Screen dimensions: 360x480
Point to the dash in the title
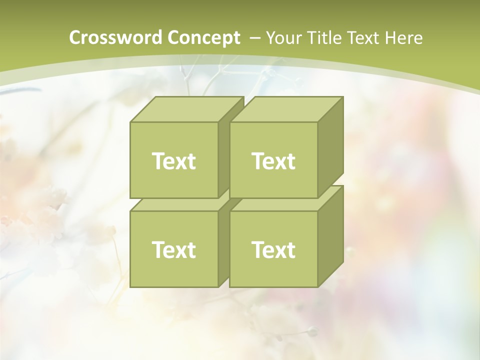(254, 38)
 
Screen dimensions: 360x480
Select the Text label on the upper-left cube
(173, 161)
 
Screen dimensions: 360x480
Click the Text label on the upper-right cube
(273, 161)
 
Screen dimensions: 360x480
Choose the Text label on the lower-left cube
(173, 249)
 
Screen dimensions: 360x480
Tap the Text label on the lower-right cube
(273, 249)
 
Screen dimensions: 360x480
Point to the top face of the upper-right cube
(286, 109)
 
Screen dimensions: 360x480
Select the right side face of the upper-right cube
(330, 147)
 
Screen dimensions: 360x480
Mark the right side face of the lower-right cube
(330, 236)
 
